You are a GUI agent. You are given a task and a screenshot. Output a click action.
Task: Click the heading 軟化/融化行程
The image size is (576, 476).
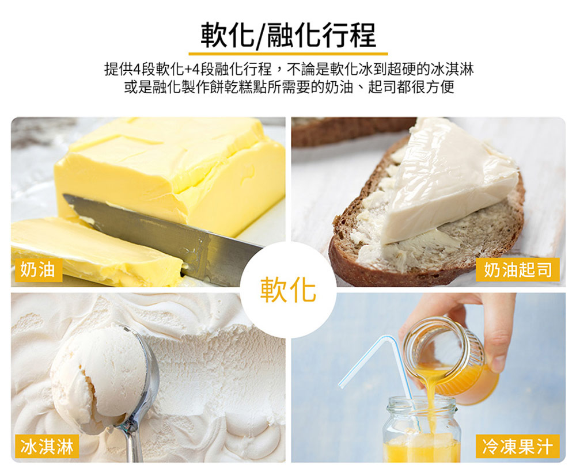coord(289,35)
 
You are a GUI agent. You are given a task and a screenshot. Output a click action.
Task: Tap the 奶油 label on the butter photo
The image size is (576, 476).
coord(37,270)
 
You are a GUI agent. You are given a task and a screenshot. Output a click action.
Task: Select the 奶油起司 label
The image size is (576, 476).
coord(518,270)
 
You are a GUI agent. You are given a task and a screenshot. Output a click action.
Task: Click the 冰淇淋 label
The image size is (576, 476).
coord(47,446)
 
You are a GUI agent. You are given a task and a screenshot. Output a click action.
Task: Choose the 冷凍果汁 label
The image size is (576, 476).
coord(518,446)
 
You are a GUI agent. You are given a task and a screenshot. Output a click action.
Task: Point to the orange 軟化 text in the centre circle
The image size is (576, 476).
coord(289,290)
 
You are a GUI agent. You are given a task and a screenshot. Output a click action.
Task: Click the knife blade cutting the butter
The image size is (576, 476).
coord(162,231)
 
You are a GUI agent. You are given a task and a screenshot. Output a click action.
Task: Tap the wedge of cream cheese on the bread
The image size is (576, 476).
coord(450,184)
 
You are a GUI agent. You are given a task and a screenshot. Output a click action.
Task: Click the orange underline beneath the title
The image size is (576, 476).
coord(289,54)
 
